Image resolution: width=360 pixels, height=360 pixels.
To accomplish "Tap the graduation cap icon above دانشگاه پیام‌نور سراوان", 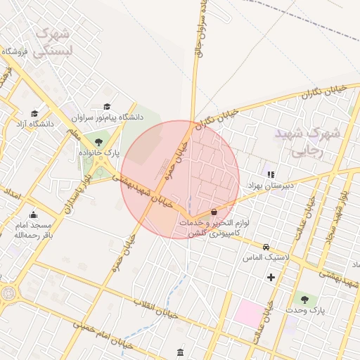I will coord(108,105).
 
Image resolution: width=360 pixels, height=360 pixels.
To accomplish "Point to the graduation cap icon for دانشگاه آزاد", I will coord(34,113).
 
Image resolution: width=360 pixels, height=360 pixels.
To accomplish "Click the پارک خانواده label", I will coord(108,152).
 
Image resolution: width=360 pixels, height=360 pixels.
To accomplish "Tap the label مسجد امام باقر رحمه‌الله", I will coord(33,229).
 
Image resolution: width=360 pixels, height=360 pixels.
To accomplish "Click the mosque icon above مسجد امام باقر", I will coord(33,214).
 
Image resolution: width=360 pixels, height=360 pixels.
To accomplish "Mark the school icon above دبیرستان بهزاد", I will coord(271,174).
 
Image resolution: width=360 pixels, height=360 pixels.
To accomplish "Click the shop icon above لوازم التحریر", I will coord(214,211).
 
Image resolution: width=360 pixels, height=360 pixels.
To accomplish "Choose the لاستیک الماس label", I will coord(267,258).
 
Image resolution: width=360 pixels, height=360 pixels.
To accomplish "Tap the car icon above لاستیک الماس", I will coord(266,247).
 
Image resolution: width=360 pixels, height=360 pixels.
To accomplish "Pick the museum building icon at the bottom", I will coord(181,352).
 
